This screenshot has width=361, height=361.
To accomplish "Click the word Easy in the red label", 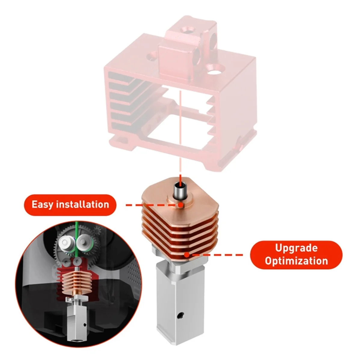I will point(43,205).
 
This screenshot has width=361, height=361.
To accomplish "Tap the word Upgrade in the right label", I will point(296,248).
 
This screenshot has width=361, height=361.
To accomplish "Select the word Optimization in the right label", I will point(296,261).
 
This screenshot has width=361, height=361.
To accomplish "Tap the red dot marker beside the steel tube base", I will point(180,205).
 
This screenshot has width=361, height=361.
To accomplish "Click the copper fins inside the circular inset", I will point(77,283).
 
